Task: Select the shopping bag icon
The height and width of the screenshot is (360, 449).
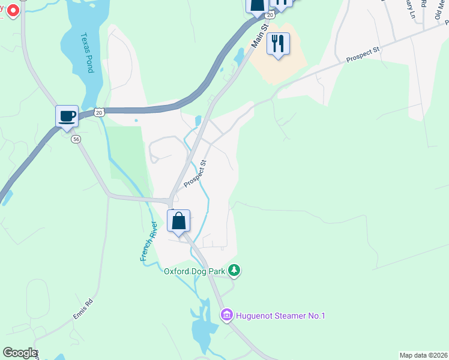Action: point(179,220)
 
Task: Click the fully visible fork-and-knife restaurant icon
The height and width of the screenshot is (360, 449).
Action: point(278,44)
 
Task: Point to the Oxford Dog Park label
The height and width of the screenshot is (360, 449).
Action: point(194,271)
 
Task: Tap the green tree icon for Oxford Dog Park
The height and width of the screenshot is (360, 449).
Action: point(235,271)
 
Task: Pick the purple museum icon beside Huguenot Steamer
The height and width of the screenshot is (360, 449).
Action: point(226,315)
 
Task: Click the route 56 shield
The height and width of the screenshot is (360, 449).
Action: point(76,139)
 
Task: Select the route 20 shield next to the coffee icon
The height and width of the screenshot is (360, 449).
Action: point(100,112)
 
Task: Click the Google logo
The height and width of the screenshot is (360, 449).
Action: point(19,353)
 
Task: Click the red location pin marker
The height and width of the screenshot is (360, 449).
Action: point(12,10)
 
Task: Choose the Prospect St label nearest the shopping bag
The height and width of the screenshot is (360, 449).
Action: point(195,173)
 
